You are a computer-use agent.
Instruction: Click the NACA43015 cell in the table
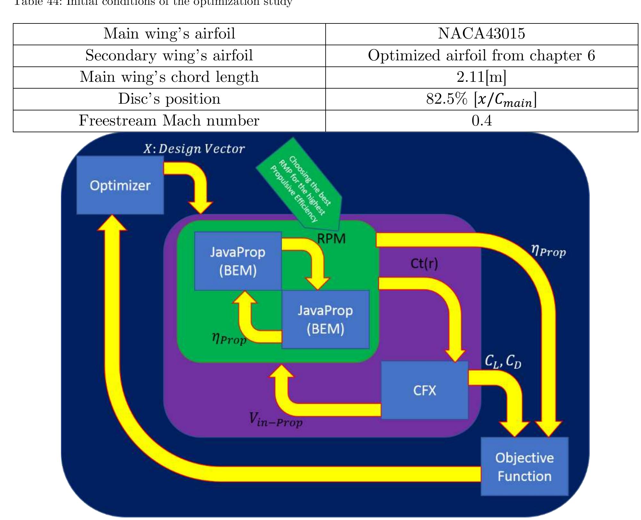pyautogui.click(x=481, y=34)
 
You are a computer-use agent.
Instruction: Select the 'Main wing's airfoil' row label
pyautogui.click(x=169, y=34)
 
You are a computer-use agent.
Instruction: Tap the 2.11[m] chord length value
pyautogui.click(x=481, y=77)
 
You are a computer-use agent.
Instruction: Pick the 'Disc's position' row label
pyautogui.click(x=169, y=99)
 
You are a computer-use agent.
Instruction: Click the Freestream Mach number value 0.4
pyautogui.click(x=481, y=121)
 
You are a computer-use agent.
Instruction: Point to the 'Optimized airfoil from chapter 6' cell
pyautogui.click(x=481, y=55)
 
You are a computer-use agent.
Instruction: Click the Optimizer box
pyautogui.click(x=120, y=185)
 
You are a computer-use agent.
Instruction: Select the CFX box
pyautogui.click(x=424, y=390)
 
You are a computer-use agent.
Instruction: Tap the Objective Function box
pyautogui.click(x=524, y=467)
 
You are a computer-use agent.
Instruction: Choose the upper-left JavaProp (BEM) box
pyautogui.click(x=238, y=261)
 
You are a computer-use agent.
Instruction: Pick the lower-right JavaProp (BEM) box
pyautogui.click(x=325, y=319)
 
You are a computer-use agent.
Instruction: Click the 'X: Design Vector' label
pyautogui.click(x=194, y=149)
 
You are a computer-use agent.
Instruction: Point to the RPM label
pyautogui.click(x=331, y=239)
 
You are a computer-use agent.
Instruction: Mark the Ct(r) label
pyautogui.click(x=424, y=264)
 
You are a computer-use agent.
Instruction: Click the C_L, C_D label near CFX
pyautogui.click(x=503, y=362)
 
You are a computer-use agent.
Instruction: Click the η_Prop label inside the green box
pyautogui.click(x=229, y=339)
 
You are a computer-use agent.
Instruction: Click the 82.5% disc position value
pyautogui.click(x=481, y=99)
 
